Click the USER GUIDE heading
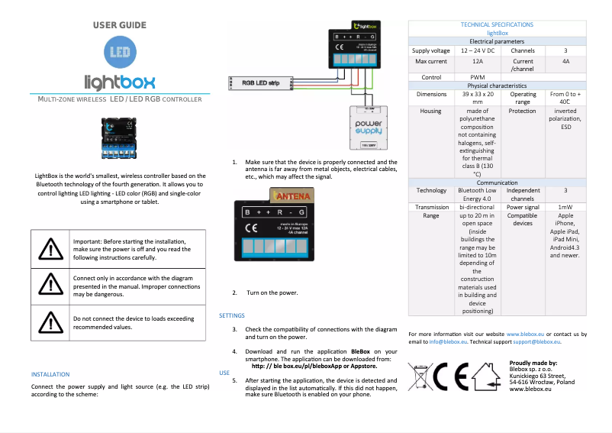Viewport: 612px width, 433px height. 119,25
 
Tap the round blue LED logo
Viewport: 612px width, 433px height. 118,53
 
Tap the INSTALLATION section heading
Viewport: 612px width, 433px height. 50,374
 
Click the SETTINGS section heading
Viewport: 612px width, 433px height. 232,315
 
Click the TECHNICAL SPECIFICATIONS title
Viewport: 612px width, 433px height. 497,25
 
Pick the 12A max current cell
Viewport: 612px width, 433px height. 477,61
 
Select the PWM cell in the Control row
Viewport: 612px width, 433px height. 477,77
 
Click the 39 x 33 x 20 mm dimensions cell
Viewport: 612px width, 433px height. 477,98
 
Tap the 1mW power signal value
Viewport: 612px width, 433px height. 565,207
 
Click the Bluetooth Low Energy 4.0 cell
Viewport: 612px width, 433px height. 477,195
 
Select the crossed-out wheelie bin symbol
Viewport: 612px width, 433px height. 418,377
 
